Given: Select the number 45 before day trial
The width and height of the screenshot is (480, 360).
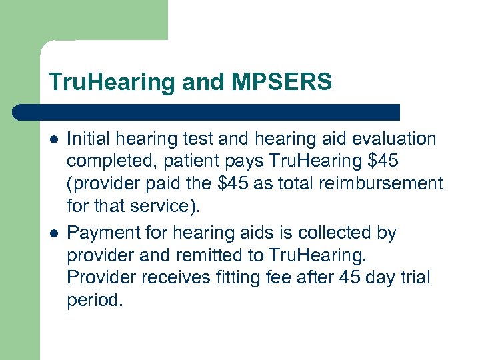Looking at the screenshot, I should (x=351, y=277).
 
